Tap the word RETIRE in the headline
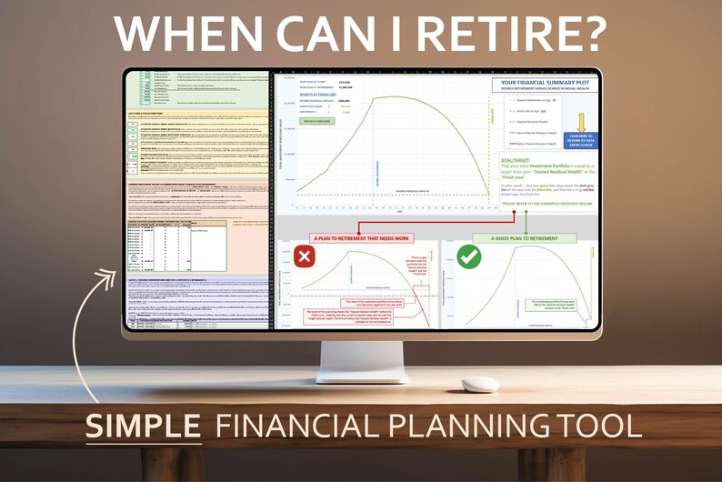point(492,34)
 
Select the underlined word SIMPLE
point(143,425)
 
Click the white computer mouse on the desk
point(479,384)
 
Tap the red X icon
point(305,257)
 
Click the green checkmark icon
point(469,256)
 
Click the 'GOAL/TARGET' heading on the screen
point(517,159)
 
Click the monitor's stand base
point(361,375)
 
